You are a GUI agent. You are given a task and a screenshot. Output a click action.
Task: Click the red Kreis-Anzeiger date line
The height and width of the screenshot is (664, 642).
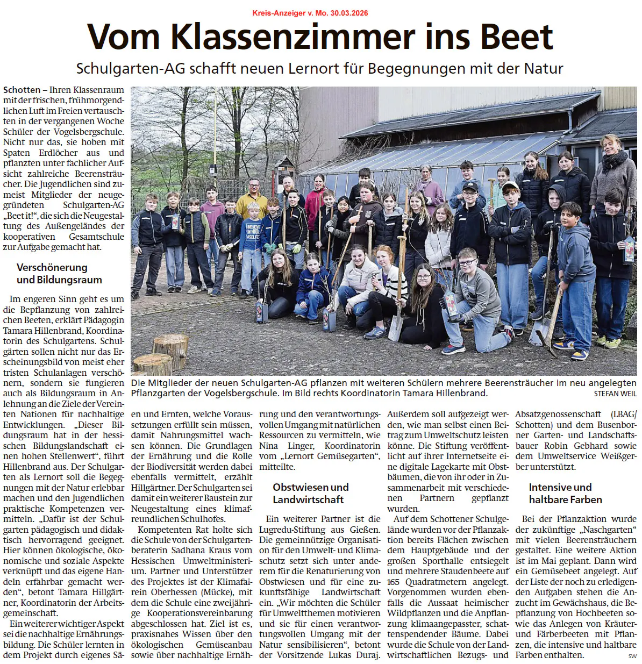[x=310, y=13]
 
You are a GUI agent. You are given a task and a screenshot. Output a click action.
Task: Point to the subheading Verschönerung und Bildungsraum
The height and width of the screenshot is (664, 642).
[x=59, y=274]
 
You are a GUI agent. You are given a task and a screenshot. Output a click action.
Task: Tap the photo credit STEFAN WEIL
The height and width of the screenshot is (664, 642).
[x=615, y=394]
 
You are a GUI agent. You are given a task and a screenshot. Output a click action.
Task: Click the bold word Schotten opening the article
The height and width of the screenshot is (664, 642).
[x=22, y=90]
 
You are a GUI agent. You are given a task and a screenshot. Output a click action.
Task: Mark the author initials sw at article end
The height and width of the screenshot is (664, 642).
[x=632, y=656]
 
